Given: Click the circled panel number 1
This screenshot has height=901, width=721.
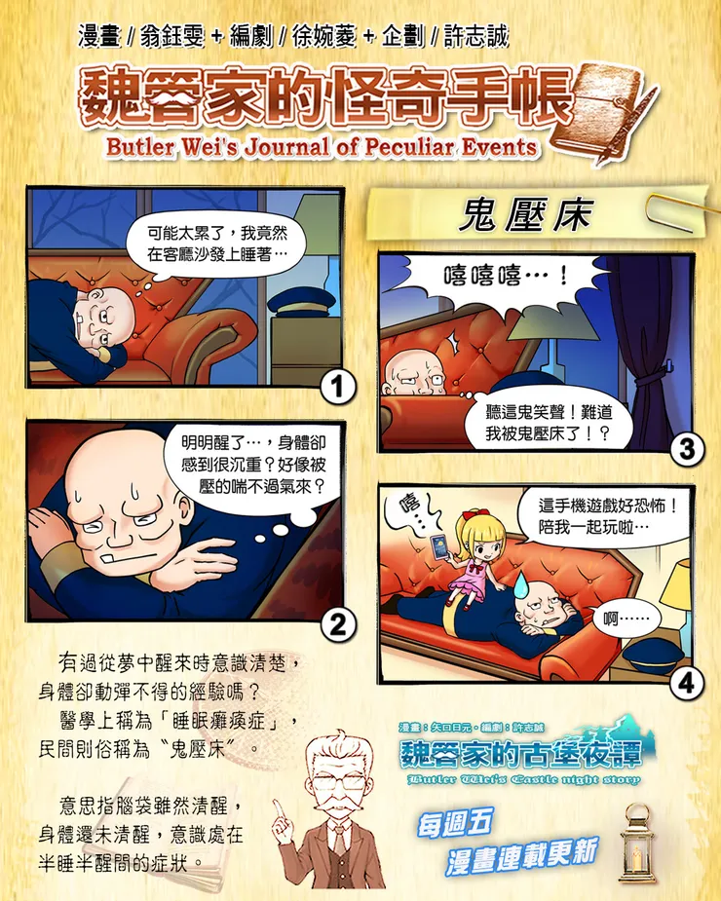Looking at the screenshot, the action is click(337, 388).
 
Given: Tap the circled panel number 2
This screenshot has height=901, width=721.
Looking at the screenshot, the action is click(337, 624).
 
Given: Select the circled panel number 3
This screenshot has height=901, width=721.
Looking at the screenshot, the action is click(687, 449).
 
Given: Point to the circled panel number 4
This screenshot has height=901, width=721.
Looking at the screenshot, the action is click(687, 684).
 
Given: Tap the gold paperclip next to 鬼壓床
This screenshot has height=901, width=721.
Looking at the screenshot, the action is click(677, 209).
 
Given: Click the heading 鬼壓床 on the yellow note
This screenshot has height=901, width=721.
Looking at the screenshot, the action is click(524, 215).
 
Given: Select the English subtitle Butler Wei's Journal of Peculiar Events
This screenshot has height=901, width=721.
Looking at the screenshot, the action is click(322, 147).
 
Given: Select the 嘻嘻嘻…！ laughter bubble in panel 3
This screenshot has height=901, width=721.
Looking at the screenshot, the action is click(506, 277).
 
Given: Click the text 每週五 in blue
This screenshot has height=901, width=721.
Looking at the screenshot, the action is click(455, 823).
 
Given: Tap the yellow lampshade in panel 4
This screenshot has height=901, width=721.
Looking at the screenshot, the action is click(677, 583).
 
